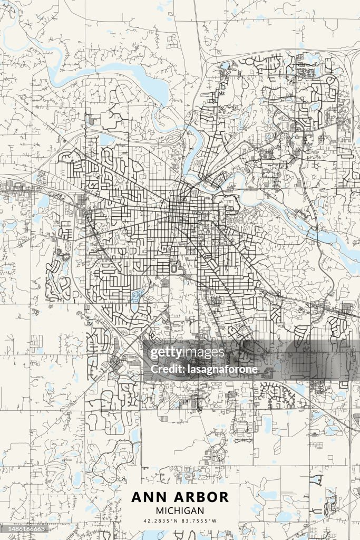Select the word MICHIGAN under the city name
(180, 510)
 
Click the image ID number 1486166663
(25, 528)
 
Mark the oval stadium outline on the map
(174, 268)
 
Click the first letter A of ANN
(137, 497)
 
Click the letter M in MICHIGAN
(160, 510)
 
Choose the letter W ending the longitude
(216, 521)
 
